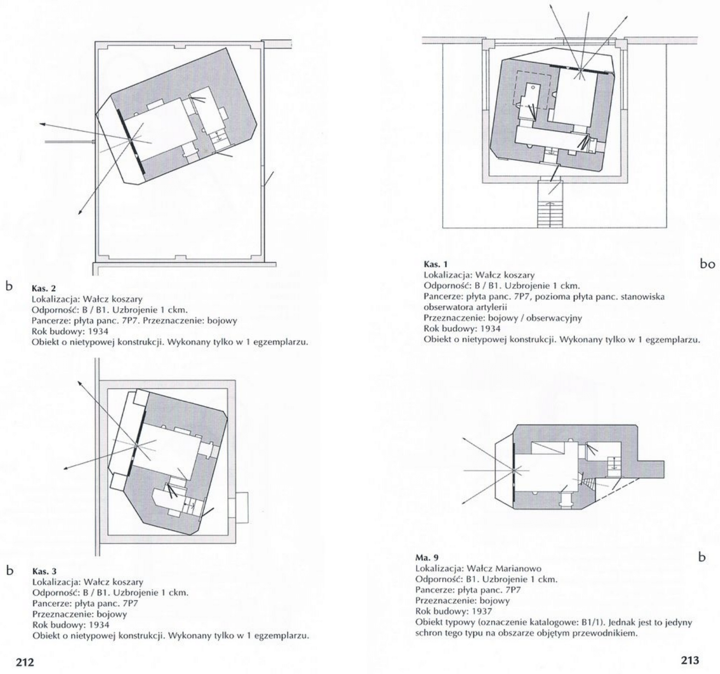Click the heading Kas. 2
[x=44, y=289]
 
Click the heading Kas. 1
[x=436, y=265]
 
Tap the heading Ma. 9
[x=427, y=557]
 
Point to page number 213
[x=690, y=660]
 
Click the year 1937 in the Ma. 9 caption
[x=482, y=612]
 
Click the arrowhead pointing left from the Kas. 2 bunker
[x=42, y=124]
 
